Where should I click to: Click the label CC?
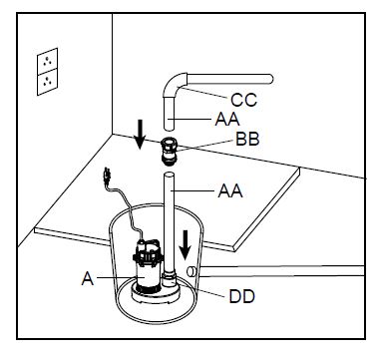pyautogui.click(x=244, y=100)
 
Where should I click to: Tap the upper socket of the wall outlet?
pyautogui.click(x=45, y=61)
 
